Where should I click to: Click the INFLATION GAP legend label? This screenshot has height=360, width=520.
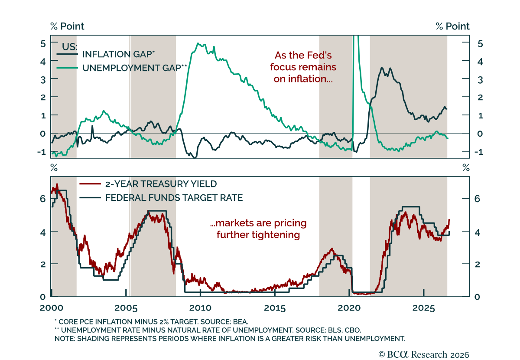tap(118, 54)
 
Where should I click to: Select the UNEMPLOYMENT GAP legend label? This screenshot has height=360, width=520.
tap(135, 68)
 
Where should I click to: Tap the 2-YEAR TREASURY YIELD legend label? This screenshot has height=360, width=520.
tap(161, 184)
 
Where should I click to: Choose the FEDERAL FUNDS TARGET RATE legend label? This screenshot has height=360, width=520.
tap(174, 198)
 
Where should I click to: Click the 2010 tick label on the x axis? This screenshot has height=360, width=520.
tap(200, 308)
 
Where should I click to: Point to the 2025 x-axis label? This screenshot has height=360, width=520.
tap(423, 308)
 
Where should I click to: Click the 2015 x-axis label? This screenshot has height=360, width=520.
tap(275, 308)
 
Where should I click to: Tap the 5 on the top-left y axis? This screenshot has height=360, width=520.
tap(43, 44)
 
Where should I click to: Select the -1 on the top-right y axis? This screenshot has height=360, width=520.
tap(479, 152)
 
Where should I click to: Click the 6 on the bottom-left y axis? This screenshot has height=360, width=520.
tap(43, 199)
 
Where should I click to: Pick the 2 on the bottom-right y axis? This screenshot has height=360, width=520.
tap(477, 264)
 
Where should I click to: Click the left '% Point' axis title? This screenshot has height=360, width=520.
tap(67, 26)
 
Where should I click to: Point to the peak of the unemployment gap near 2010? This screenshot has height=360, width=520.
tap(198, 43)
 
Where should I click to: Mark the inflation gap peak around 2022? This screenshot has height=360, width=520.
tap(382, 68)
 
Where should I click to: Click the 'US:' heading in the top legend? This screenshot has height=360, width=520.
tap(70, 47)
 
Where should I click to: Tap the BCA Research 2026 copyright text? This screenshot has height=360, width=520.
tap(424, 355)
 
